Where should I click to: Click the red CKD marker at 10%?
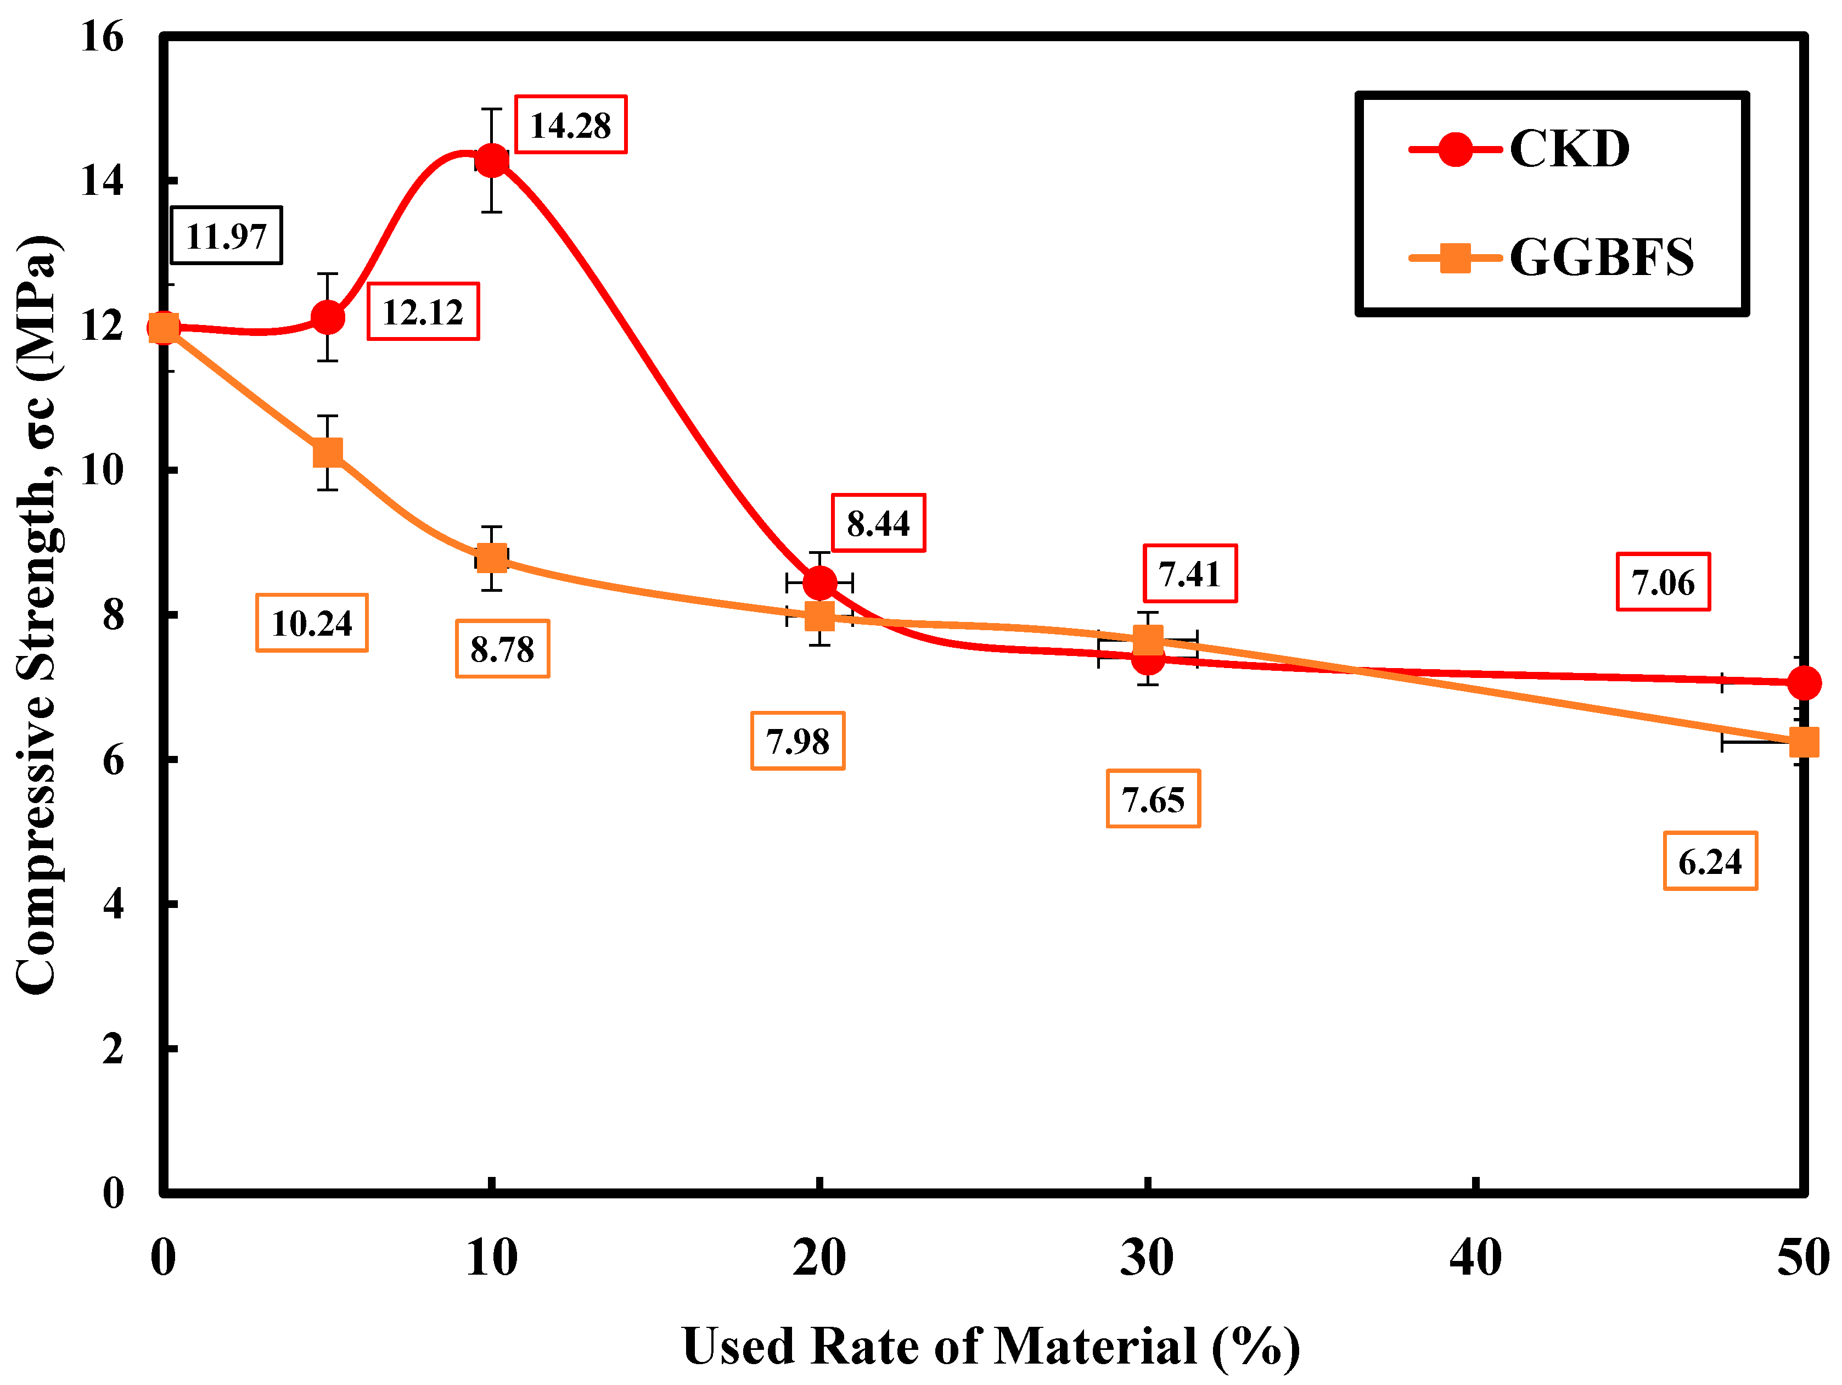[492, 160]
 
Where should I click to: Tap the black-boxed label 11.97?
[227, 235]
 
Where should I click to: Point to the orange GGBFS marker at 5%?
[328, 452]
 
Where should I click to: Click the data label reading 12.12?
[423, 311]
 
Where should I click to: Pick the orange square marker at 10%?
[492, 558]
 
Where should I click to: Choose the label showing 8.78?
[502, 649]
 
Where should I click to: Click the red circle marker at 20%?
[820, 583]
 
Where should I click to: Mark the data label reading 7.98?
[798, 741]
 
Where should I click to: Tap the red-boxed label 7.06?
[1663, 581]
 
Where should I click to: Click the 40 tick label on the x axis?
[1475, 1258]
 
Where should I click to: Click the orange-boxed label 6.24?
[1710, 861]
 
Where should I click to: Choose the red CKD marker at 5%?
[328, 317]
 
